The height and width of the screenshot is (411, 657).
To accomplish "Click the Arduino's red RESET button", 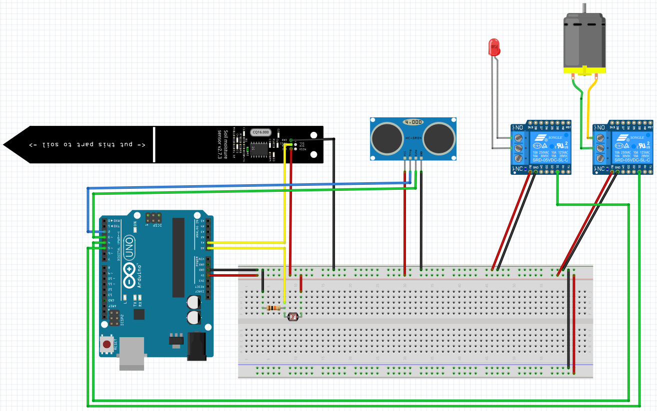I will tap(106, 344).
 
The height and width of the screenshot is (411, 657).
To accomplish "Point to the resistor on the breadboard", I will tap(273, 308).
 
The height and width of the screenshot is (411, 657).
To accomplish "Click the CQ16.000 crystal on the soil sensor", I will tap(260, 132).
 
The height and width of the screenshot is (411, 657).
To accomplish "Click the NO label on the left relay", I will tap(518, 128).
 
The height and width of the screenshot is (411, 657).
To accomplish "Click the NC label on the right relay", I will tap(600, 169).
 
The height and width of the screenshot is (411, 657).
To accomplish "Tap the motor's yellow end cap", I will tap(584, 71).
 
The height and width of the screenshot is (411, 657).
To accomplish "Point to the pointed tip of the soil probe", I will tap(6, 144).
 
